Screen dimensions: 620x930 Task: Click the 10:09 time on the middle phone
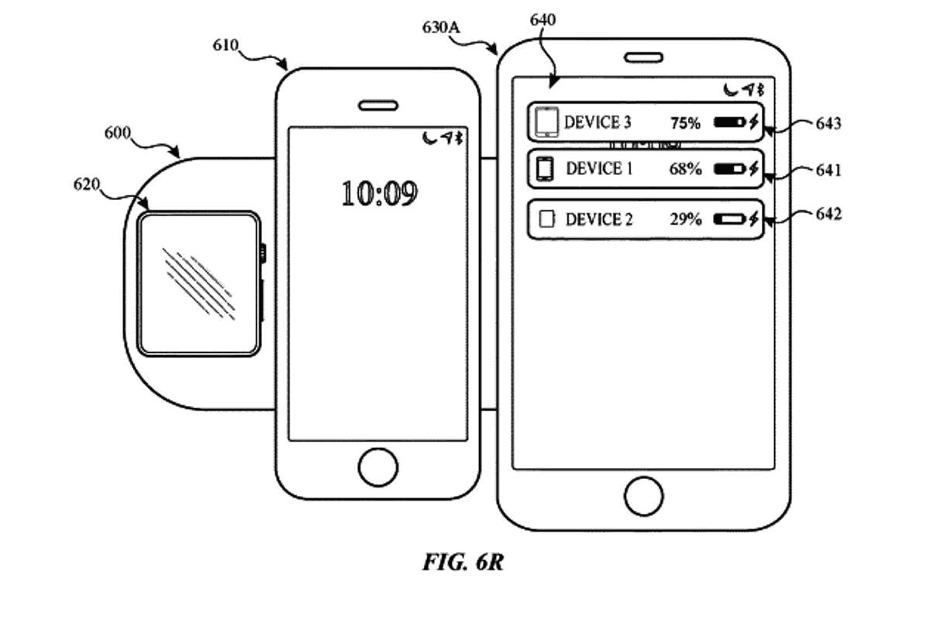coord(379,192)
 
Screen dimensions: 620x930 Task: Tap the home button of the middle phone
coord(378,467)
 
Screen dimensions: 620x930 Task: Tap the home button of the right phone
coord(644,495)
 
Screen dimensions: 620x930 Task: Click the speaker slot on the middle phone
coord(378,105)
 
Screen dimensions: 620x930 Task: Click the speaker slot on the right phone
coord(644,57)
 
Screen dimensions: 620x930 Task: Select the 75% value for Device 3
coord(685,122)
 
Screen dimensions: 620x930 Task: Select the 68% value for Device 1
coord(685,169)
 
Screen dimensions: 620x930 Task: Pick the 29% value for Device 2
coord(685,219)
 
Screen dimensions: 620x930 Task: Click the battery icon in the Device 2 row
coord(729,219)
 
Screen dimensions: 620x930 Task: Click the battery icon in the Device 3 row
coord(729,122)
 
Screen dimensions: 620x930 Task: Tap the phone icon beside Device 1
coord(546,169)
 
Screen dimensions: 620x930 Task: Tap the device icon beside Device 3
coord(547,122)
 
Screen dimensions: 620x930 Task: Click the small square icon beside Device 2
coord(547,219)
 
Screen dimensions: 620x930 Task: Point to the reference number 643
coord(828,123)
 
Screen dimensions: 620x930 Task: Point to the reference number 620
coord(88,184)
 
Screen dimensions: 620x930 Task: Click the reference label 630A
coord(441,26)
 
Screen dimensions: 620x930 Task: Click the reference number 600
coord(119,133)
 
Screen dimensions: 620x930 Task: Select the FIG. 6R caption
coord(463,562)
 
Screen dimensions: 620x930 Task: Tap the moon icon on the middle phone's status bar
coord(429,138)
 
